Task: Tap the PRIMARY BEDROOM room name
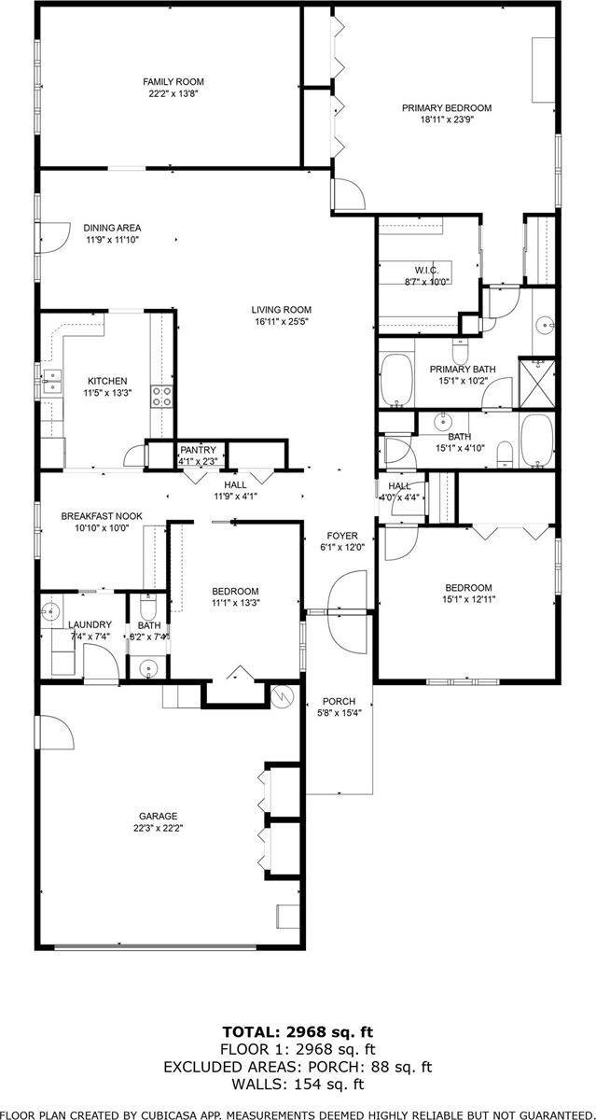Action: click(446, 107)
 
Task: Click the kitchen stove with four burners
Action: click(162, 396)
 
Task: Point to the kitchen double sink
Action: click(50, 382)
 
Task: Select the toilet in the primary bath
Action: click(460, 352)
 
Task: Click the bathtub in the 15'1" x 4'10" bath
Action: click(537, 440)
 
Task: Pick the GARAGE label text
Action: click(158, 815)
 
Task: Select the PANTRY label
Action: click(198, 449)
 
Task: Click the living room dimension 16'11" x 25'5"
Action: click(281, 322)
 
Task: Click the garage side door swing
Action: click(55, 733)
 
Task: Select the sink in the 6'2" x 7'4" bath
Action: click(147, 668)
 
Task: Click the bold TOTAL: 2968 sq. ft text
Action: click(298, 1031)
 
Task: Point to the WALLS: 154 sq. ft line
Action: click(298, 1084)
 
